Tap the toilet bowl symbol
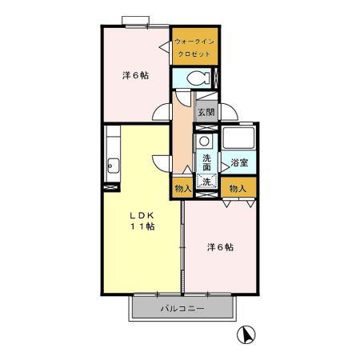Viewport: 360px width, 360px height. pos(201,79)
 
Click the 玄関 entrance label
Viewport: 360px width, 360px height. pos(206,113)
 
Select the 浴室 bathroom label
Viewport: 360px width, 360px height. pos(238,163)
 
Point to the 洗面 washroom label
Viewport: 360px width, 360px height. pos(206,163)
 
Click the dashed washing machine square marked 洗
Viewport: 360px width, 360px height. pos(206,182)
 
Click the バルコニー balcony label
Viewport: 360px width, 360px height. pos(182,308)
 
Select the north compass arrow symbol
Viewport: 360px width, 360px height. pos(248,334)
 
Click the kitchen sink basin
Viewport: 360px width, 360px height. pos(111,168)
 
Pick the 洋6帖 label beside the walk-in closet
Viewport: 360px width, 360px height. pos(134,76)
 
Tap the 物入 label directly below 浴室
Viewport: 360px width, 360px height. pos(237,190)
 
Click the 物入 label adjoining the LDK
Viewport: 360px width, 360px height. pos(182,190)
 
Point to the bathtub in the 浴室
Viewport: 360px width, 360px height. pos(238,140)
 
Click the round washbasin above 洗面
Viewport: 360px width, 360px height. pos(205,142)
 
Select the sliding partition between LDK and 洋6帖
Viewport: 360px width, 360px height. pos(184,248)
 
